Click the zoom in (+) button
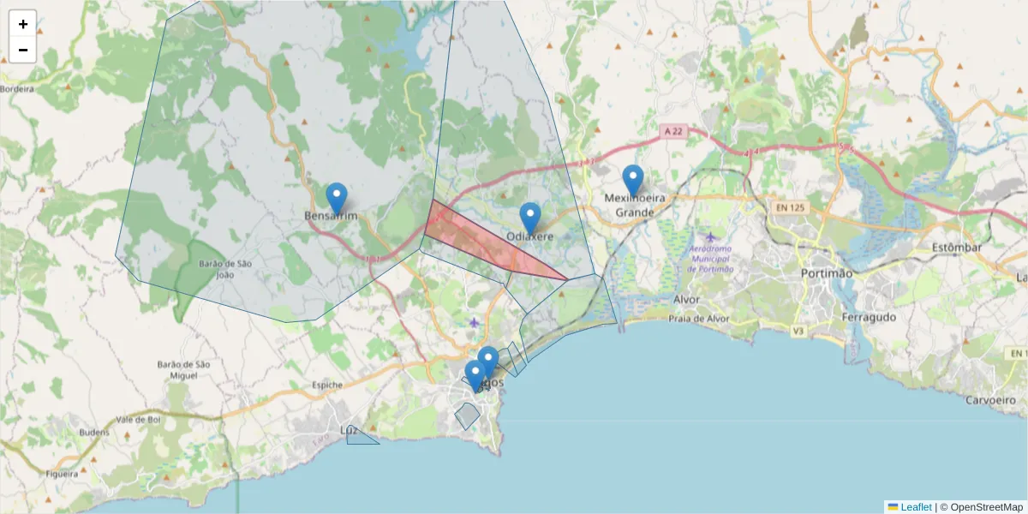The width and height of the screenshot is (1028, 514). coord(23,24)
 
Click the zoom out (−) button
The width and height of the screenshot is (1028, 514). coord(23,50)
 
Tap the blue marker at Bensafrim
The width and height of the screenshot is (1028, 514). coord(337,198)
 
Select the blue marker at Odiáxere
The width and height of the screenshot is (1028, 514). coord(530,218)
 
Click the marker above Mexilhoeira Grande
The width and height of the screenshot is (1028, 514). coord(633,180)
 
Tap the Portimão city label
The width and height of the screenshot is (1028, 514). coord(827,273)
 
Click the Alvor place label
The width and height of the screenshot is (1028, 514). coord(687,300)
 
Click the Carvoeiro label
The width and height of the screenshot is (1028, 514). coord(992,400)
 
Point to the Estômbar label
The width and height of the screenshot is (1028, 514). coord(956,248)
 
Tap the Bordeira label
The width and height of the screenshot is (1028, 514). coord(17,88)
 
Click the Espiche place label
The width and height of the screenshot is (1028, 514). coord(327,385)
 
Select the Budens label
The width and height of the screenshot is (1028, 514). coord(94,433)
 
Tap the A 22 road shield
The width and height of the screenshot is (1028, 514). coord(673,131)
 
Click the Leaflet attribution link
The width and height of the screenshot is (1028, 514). coord(916,507)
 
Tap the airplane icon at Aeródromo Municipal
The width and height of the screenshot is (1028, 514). coord(711,236)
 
